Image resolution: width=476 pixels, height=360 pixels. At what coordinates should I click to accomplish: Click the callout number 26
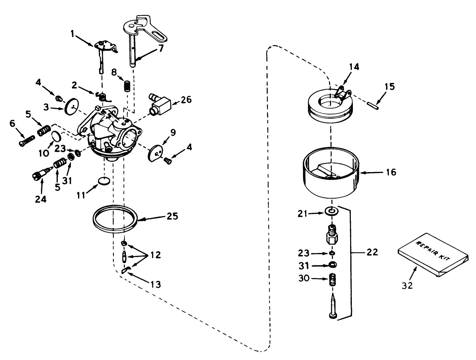[186, 100]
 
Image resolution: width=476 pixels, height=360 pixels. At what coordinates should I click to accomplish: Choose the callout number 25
[172, 216]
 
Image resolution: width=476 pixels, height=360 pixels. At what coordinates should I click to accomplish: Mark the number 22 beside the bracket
[372, 252]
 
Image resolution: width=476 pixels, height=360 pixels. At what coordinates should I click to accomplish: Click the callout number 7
[161, 49]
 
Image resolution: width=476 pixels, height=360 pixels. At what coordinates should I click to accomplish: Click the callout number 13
[155, 284]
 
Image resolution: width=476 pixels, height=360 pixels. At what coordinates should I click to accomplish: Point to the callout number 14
[354, 67]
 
